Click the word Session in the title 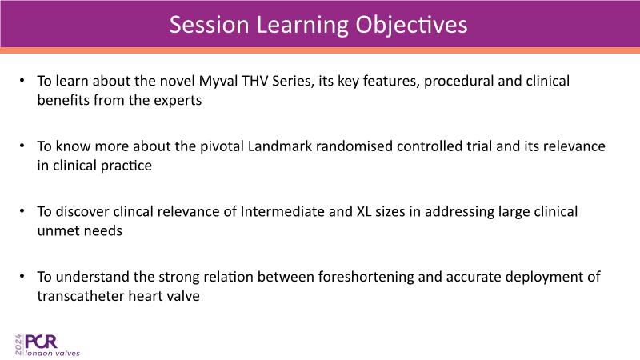[x=209, y=25]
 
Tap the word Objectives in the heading [x=411, y=26]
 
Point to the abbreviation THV [x=254, y=81]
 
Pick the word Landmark [x=280, y=146]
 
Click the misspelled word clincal [x=133, y=211]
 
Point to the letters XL [x=364, y=211]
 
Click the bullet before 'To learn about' [x=22, y=81]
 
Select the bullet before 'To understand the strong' [x=22, y=276]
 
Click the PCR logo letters [x=41, y=342]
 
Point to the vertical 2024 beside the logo [x=18, y=345]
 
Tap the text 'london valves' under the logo [x=52, y=353]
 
